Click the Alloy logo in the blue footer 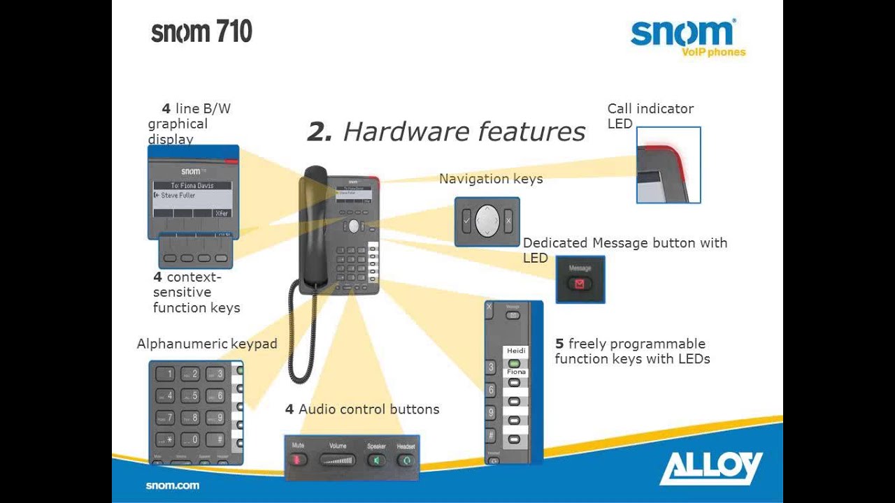coord(711,467)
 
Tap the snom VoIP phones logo coord(687,38)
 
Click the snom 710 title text coord(201,32)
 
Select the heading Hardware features coord(446,131)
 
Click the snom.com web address coord(172,486)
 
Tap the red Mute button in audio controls coord(299,460)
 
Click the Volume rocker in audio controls coord(338,460)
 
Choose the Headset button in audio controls coord(406,460)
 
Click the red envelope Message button coord(580,284)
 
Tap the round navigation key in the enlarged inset coord(487,221)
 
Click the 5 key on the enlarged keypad coord(189,396)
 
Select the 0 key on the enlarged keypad coord(189,439)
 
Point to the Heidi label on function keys coord(516,351)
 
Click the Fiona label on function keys coord(516,372)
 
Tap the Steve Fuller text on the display coord(178,196)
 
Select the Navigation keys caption coord(491,179)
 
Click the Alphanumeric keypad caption coord(207,344)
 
